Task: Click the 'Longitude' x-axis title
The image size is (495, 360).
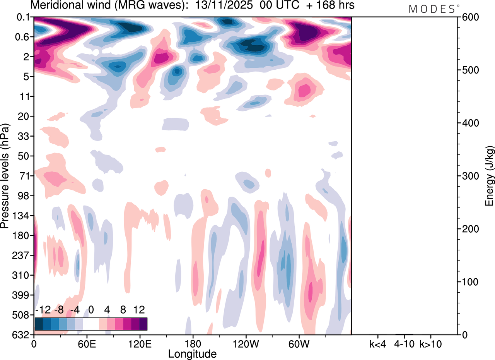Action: [192, 353]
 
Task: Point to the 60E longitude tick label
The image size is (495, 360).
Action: [87, 343]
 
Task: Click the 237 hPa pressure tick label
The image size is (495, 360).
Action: [22, 255]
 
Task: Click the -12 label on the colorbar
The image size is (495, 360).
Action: [43, 310]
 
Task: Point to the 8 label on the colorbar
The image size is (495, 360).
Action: [123, 310]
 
